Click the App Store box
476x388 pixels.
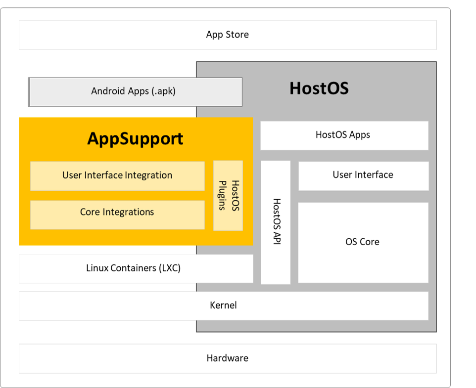click(x=228, y=35)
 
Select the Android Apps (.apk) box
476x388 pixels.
click(x=135, y=91)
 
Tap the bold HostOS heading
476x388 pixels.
click(x=319, y=88)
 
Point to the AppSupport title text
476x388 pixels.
click(x=135, y=138)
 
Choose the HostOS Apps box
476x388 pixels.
click(x=343, y=135)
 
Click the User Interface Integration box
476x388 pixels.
click(x=117, y=175)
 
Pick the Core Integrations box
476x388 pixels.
click(x=117, y=213)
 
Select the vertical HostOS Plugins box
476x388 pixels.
click(x=228, y=195)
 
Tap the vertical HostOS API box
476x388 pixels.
click(x=276, y=222)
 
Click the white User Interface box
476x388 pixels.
click(x=363, y=175)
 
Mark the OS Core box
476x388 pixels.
click(x=363, y=242)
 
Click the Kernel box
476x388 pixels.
click(x=223, y=305)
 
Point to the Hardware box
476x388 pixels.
click(x=228, y=358)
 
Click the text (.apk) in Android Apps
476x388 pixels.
click(x=163, y=91)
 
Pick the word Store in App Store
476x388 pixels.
click(x=238, y=35)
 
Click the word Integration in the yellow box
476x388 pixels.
click(x=148, y=175)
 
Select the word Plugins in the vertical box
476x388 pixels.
click(x=223, y=196)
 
